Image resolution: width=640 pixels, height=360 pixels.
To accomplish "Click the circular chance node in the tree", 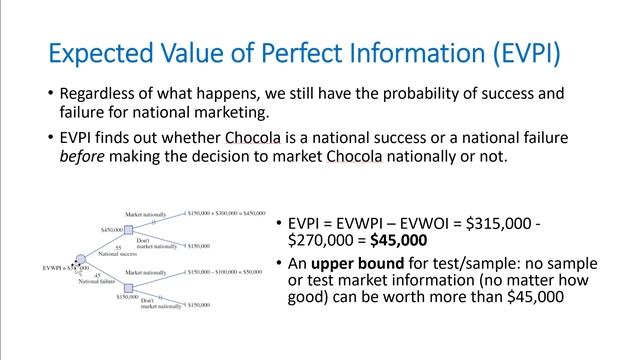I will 81,258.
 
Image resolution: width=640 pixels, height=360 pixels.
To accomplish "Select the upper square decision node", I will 128,230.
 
